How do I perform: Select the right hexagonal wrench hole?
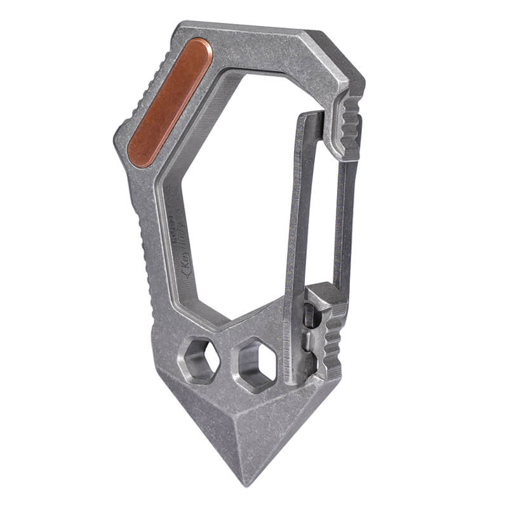pyautogui.click(x=257, y=364)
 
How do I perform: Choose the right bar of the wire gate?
pyautogui.click(x=344, y=222)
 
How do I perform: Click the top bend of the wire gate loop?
pyautogui.click(x=311, y=116)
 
